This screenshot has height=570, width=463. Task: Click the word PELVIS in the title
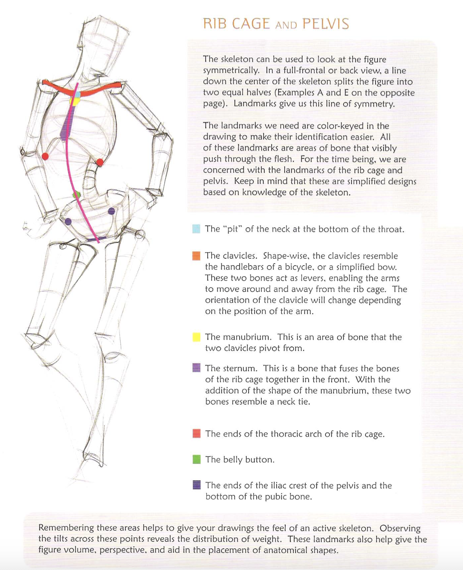pos(326,24)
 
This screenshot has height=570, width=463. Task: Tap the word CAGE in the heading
pos(251,24)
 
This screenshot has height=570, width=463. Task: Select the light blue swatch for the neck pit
pos(196,229)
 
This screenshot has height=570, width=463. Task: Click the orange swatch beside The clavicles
pos(196,256)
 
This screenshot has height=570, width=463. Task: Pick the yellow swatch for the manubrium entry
pos(196,337)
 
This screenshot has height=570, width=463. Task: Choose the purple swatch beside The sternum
pos(196,368)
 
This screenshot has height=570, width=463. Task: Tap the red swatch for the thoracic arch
pos(197,433)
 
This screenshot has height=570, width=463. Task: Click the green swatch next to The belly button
pos(197,459)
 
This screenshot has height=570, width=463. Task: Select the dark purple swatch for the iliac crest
pos(197,485)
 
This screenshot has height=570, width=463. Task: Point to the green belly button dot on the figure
pos(76,194)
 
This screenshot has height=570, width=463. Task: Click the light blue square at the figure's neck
pos(77,94)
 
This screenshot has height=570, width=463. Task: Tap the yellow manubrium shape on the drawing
pos(74,101)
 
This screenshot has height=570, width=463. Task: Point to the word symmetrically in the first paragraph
pos(231,71)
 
